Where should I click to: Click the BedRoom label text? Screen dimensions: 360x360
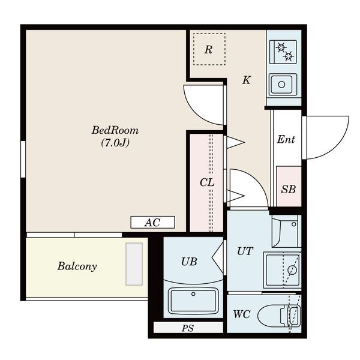click(x=115, y=130)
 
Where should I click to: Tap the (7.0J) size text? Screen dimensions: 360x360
click(x=115, y=143)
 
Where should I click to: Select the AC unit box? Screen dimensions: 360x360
click(x=152, y=222)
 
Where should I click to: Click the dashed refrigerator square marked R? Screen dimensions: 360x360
click(x=209, y=49)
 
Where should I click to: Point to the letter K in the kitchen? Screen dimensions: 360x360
click(x=247, y=80)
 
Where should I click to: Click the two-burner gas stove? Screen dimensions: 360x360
click(x=283, y=52)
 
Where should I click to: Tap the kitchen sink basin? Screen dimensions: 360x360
click(x=283, y=84)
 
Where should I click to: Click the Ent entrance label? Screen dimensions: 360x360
click(x=286, y=139)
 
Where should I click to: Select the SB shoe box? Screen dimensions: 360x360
click(x=289, y=186)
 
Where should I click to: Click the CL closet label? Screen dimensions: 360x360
click(x=207, y=182)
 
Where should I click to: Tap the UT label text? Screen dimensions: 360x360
click(x=245, y=251)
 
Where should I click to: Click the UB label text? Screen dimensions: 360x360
click(x=189, y=262)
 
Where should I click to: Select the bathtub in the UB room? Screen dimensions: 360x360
click(x=193, y=301)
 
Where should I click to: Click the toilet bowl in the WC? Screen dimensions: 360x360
click(x=279, y=315)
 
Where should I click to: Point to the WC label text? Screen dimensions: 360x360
click(x=242, y=314)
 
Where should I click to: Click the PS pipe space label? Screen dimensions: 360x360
click(x=188, y=328)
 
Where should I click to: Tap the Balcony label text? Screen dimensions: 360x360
click(x=77, y=266)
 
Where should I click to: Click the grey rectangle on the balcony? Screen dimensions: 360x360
click(x=134, y=264)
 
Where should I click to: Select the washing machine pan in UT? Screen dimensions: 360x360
click(x=282, y=270)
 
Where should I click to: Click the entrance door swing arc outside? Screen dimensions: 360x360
click(x=337, y=147)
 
